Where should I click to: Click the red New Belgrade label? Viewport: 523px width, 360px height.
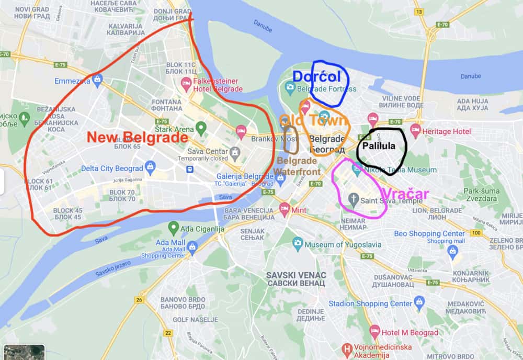pos(137,138)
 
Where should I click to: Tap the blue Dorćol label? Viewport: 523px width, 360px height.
pos(316,77)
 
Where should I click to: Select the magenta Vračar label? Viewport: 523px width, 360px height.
pos(404,193)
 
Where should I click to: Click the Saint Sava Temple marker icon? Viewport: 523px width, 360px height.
pos(354,199)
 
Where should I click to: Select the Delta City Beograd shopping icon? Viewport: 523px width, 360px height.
pos(150,167)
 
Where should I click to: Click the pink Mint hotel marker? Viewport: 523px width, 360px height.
pos(285,209)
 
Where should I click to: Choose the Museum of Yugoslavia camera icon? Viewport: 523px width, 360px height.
pos(298,243)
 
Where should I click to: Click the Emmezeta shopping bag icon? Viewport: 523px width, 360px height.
pos(97,80)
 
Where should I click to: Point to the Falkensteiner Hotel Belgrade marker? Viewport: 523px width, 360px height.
pos(186,83)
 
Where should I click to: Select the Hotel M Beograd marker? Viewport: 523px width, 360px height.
pos(374,331)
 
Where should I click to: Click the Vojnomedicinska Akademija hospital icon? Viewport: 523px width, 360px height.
pos(346,349)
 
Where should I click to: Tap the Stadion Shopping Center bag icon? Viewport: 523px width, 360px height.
pos(419,302)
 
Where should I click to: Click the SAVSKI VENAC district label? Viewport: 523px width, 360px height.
pos(295,279)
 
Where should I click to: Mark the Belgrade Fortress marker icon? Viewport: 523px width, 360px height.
pos(290,88)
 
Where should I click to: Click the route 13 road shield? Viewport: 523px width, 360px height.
pos(418,12)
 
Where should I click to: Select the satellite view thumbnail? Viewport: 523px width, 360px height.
pos(24,352)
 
